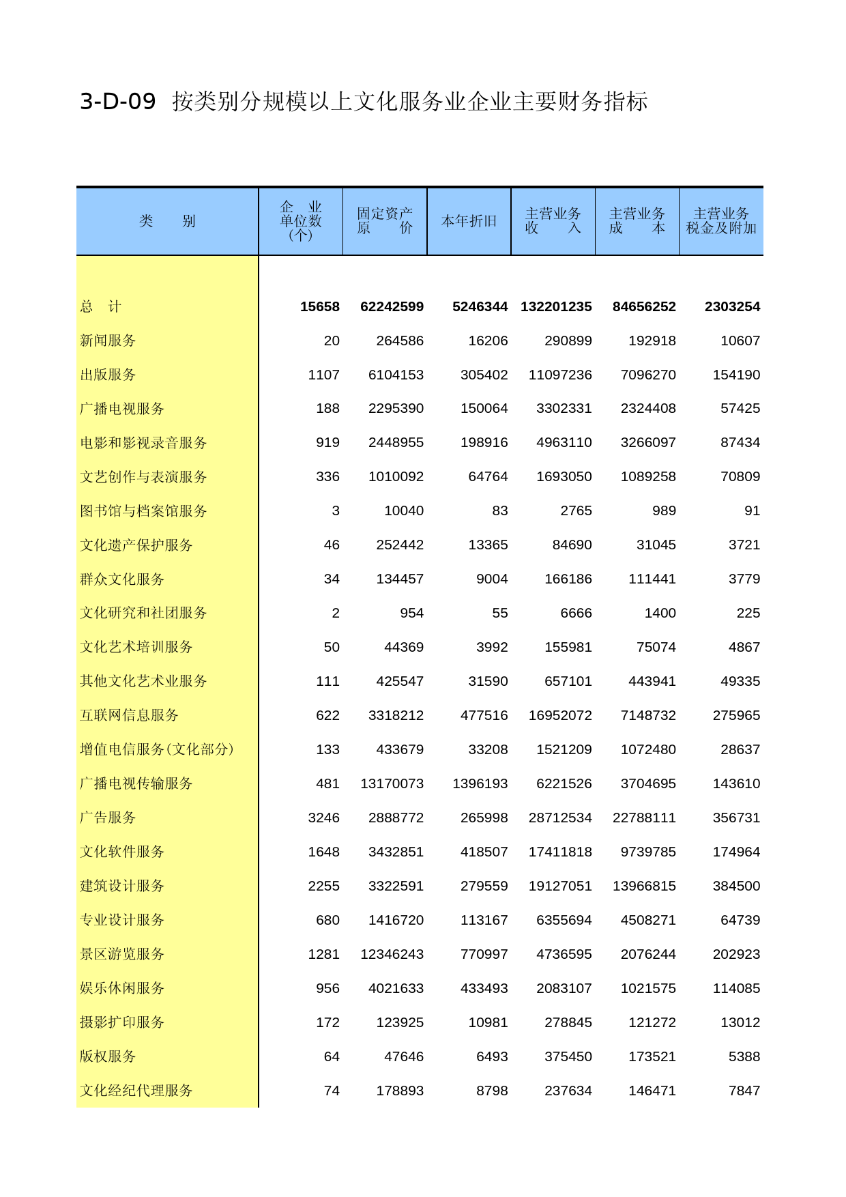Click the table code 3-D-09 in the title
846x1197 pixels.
[117, 102]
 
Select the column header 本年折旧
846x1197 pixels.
[469, 221]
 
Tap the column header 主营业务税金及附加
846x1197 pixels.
[721, 221]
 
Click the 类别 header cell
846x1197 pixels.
[167, 221]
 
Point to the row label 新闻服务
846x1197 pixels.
[108, 341]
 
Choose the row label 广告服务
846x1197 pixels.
[108, 818]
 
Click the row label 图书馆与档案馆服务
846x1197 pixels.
[143, 511]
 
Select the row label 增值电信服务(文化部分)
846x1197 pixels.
[157, 749]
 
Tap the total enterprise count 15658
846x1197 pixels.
[319, 307]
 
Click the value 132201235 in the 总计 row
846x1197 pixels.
[556, 307]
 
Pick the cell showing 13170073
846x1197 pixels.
[392, 783]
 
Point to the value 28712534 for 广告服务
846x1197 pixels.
[560, 818]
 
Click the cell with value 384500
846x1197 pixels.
[736, 886]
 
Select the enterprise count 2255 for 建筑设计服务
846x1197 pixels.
[323, 886]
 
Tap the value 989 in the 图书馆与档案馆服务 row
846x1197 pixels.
[663, 511]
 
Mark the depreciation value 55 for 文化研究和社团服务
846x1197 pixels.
[499, 613]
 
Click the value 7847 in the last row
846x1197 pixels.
[744, 1091]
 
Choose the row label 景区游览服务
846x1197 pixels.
[122, 954]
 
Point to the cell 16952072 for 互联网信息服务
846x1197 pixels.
[560, 715]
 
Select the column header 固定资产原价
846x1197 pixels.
[385, 221]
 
